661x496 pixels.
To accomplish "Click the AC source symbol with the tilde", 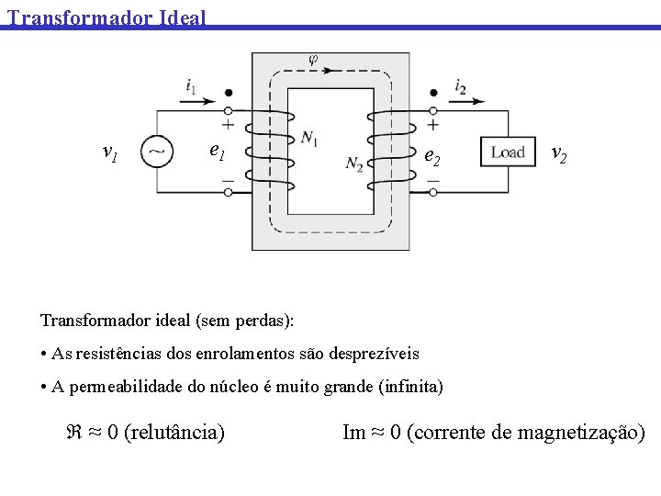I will click(157, 152).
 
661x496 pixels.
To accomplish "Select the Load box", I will click(508, 152).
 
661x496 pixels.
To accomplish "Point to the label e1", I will click(217, 150).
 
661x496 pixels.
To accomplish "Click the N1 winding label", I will click(309, 139).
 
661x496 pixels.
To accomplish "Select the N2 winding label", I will click(354, 164).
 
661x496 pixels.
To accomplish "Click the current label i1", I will click(190, 86).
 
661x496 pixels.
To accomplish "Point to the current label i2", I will click(460, 86).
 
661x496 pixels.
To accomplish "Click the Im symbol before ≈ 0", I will click(354, 432).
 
